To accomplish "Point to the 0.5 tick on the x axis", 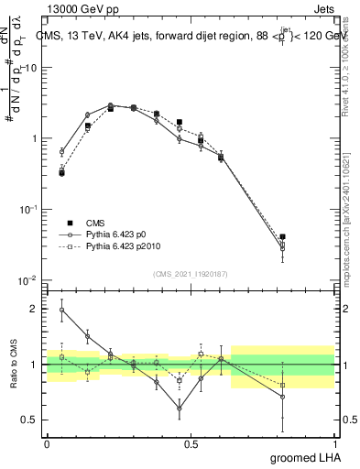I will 191,442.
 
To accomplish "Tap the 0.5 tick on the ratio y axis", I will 29,420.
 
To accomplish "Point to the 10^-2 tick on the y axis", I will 27,279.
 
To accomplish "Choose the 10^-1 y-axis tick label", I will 27,209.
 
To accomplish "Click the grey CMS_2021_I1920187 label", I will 191,273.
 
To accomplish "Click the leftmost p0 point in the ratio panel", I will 61,310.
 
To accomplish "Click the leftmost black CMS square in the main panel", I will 61,172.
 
